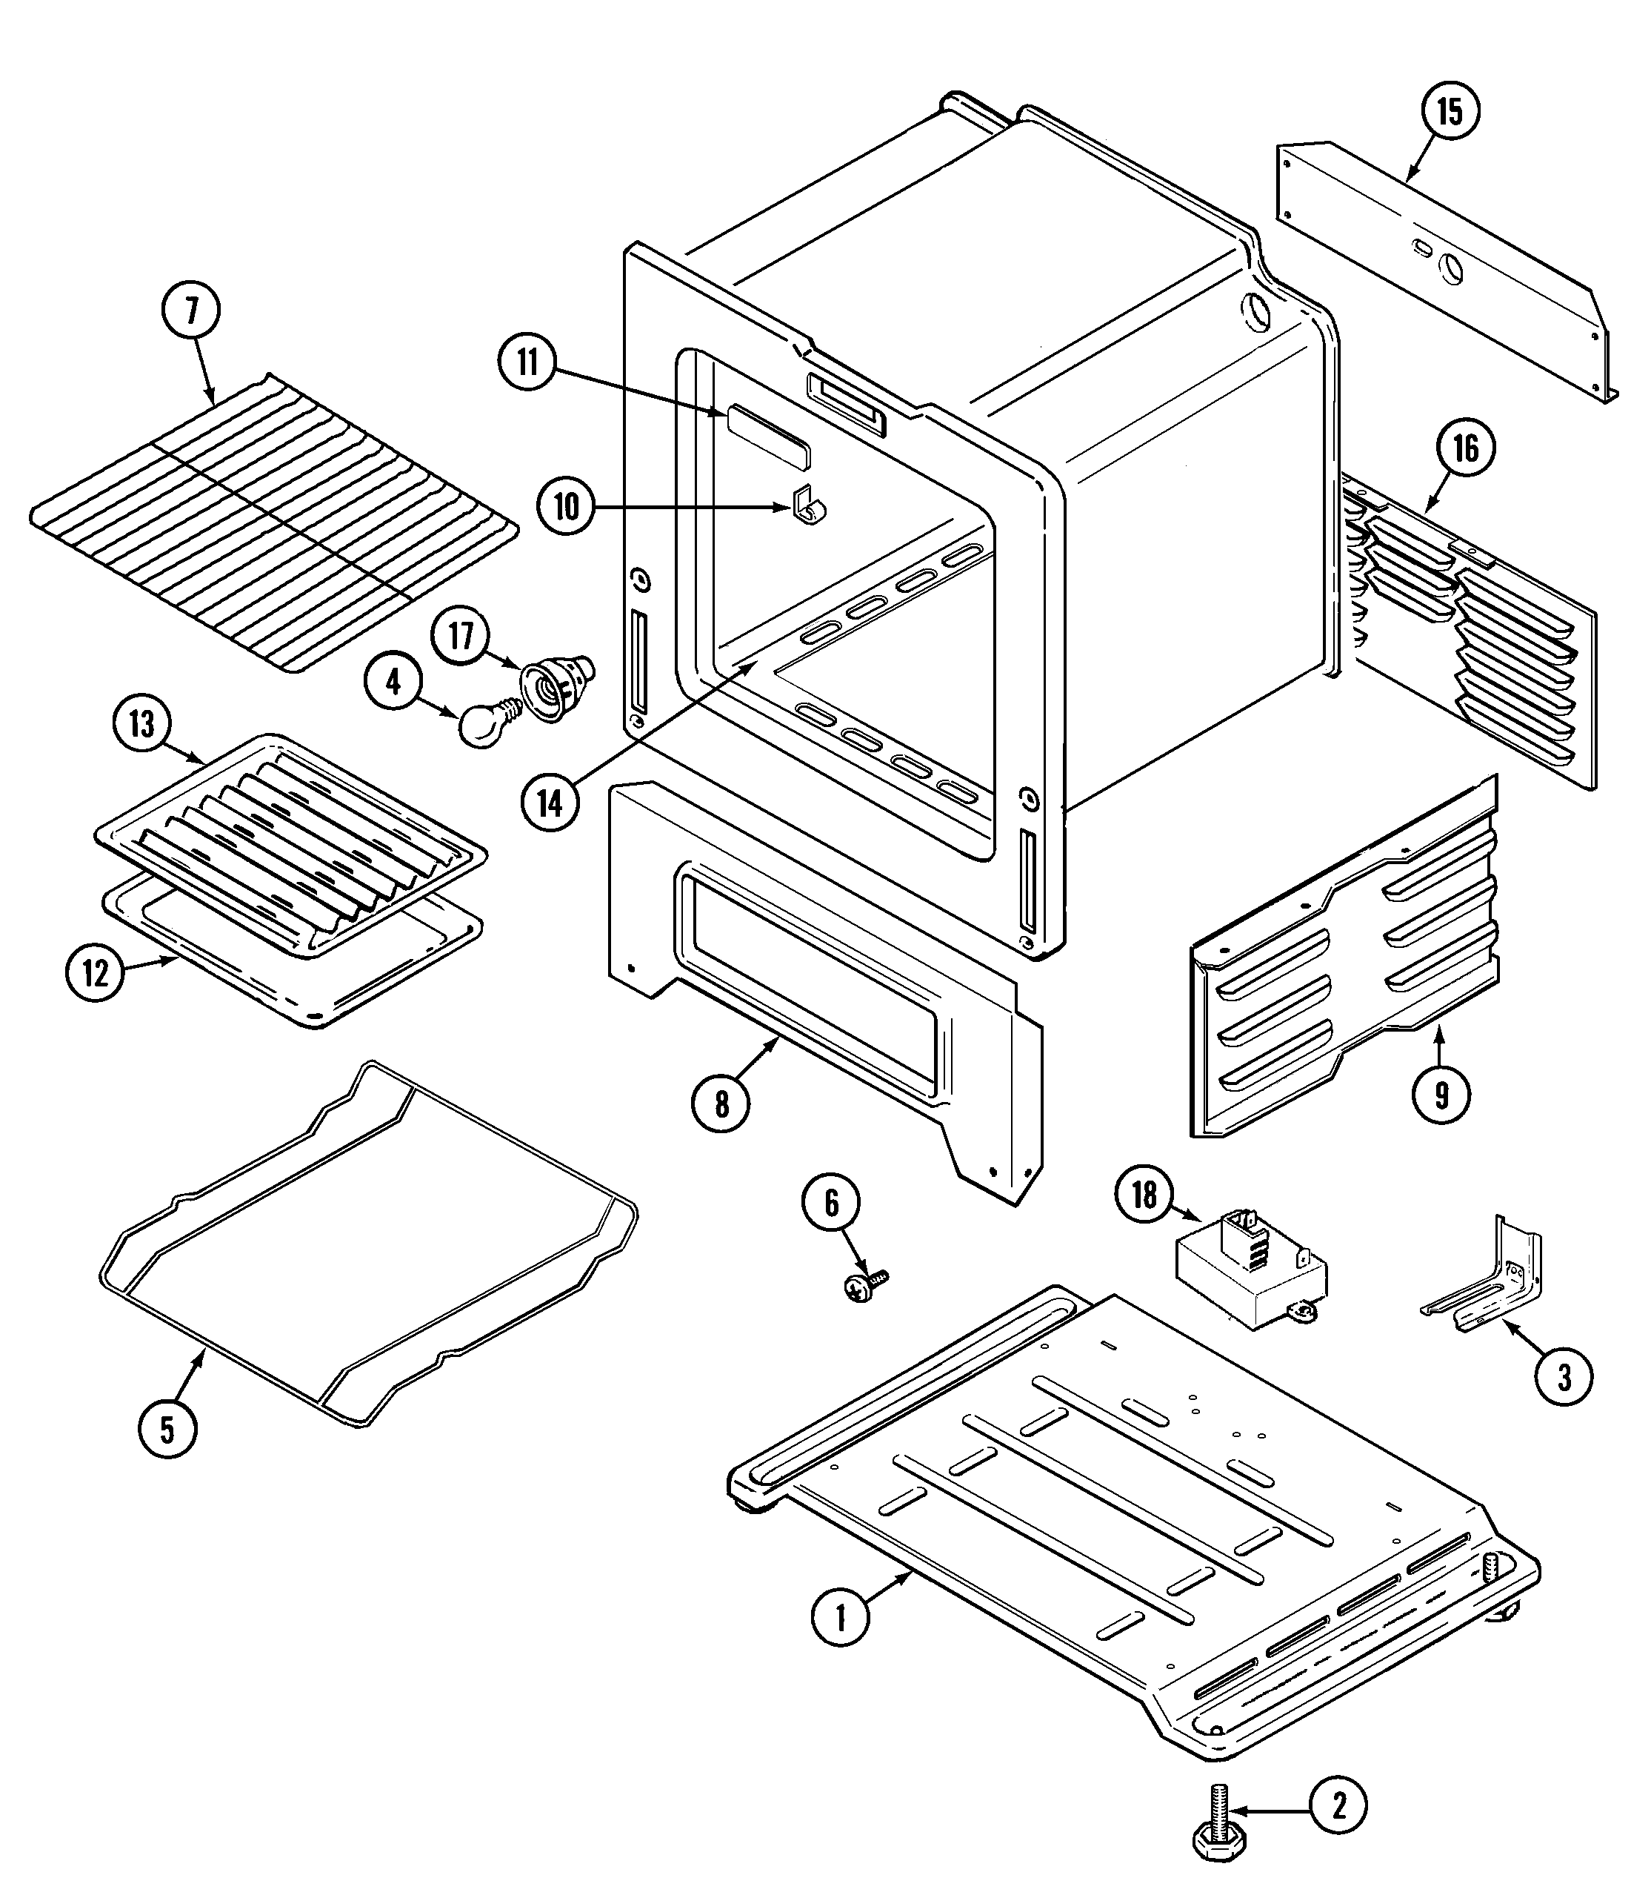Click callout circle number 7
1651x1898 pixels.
coord(192,311)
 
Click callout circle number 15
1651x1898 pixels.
coord(1450,112)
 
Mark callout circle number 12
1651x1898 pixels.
coord(96,973)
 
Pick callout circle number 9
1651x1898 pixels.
coord(1441,1095)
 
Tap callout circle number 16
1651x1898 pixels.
coord(1465,449)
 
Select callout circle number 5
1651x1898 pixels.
coord(167,1430)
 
